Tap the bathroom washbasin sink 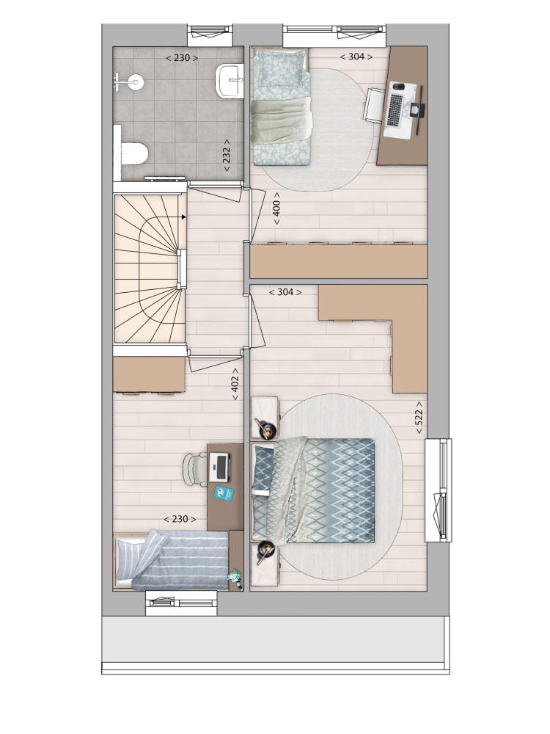click(x=230, y=81)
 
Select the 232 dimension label click(x=227, y=155)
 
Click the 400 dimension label click(x=276, y=208)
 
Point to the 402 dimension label click(x=235, y=384)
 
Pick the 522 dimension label click(x=419, y=417)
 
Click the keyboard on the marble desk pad click(x=395, y=110)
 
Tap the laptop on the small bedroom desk click(x=219, y=467)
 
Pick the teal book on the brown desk click(x=224, y=493)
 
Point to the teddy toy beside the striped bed click(x=235, y=576)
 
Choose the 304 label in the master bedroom click(x=285, y=292)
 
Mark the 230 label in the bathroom click(x=182, y=58)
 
